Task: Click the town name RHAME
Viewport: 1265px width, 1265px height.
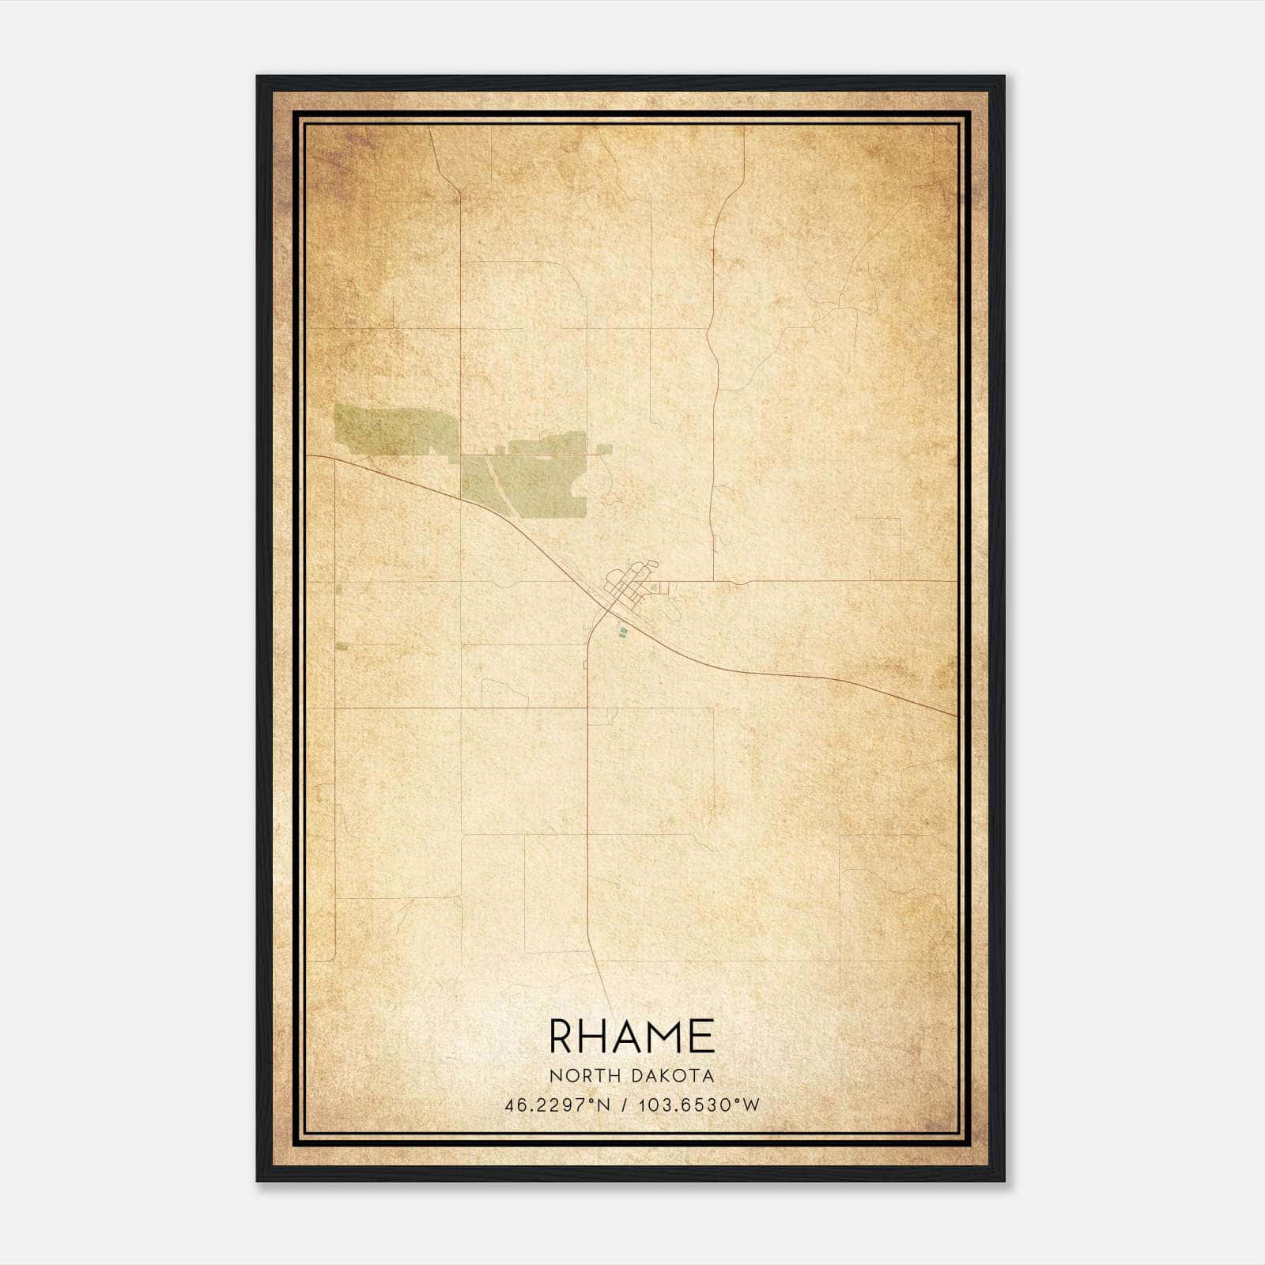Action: click(x=632, y=1037)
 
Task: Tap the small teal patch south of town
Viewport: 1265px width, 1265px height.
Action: click(x=623, y=630)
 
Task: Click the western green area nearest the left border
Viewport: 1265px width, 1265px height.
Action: click(x=395, y=429)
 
